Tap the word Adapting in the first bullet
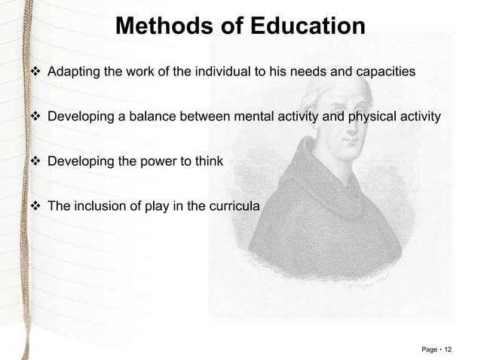click(x=72, y=72)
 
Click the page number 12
click(x=449, y=349)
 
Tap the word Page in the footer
click(x=430, y=349)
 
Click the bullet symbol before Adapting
click(x=34, y=72)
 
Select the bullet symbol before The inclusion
click(x=34, y=204)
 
